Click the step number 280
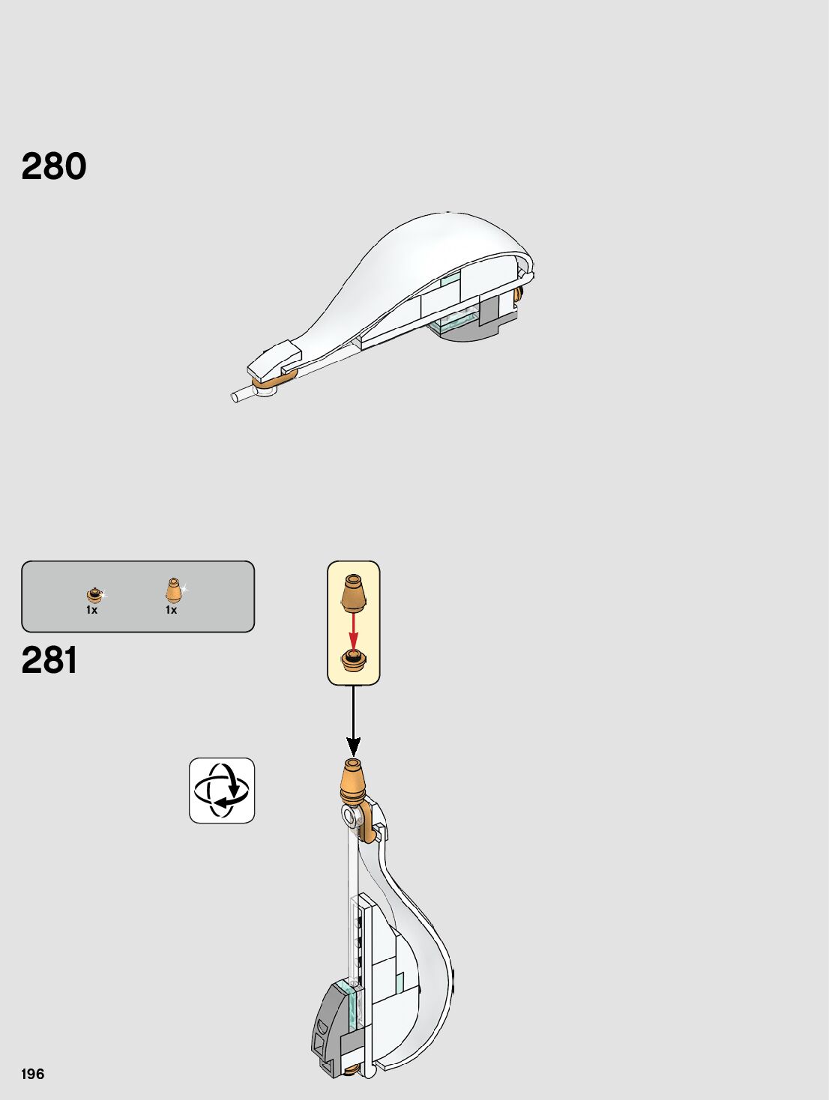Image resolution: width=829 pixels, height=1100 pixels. tap(54, 166)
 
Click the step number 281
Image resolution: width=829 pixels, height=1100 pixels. tap(49, 660)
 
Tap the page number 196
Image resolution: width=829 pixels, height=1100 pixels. tap(33, 1074)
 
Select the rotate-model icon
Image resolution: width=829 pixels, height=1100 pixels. tap(222, 791)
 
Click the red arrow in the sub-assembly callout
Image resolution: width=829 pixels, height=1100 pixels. tap(354, 632)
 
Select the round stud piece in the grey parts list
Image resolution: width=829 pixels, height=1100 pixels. tap(94, 595)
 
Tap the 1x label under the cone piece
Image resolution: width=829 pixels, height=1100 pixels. tap(171, 610)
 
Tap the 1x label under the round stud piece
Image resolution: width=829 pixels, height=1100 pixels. tap(91, 610)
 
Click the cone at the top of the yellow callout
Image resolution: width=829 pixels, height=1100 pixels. tap(353, 592)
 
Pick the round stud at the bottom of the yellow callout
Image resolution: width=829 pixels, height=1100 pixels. tap(354, 661)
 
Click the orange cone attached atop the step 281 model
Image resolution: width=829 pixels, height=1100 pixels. tap(354, 779)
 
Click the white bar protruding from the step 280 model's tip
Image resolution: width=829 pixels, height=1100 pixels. tap(243, 395)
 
